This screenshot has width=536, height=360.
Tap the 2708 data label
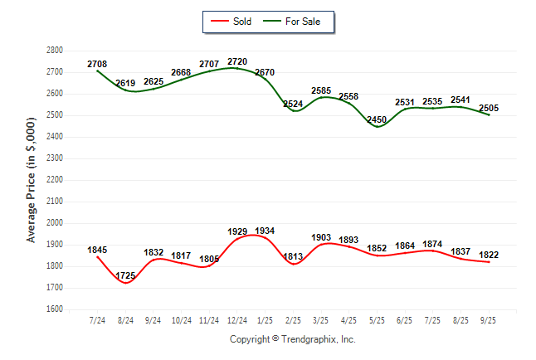[x=97, y=63]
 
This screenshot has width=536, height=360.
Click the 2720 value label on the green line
[x=236, y=62]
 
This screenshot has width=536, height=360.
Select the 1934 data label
[x=265, y=231]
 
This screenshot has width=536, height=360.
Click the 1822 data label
[x=490, y=255]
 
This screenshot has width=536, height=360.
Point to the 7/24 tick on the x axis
[x=97, y=320]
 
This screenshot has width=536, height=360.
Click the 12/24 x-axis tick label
[x=236, y=320]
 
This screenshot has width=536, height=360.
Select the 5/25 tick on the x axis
[x=378, y=320]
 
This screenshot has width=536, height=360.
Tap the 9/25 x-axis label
[x=490, y=320]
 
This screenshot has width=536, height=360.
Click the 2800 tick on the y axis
[x=55, y=51]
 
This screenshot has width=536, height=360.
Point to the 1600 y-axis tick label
[x=55, y=309]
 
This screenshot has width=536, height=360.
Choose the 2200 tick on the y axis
[x=55, y=180]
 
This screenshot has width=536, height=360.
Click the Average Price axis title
[x=32, y=179]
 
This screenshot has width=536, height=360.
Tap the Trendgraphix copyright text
[x=292, y=339]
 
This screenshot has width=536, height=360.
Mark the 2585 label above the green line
[x=323, y=90]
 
